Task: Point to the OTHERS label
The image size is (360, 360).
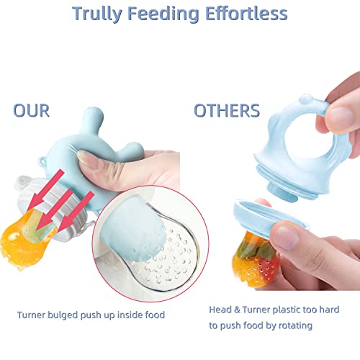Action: click(227, 111)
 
